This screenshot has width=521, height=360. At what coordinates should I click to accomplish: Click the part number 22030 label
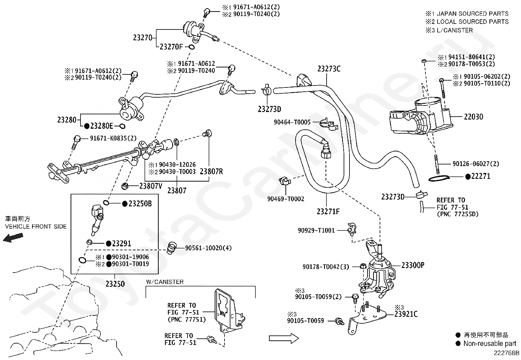(473, 117)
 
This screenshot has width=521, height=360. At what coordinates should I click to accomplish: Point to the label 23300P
(413, 265)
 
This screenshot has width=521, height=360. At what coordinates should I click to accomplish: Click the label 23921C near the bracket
(406, 314)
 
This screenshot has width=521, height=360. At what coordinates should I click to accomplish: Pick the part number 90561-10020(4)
(208, 248)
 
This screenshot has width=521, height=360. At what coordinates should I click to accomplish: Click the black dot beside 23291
(108, 244)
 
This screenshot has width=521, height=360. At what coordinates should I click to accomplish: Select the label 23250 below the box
(115, 284)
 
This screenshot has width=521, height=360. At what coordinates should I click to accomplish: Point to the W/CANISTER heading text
(165, 282)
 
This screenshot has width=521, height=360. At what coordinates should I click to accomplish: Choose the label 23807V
(151, 186)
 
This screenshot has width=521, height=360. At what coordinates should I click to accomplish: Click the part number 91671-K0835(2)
(113, 138)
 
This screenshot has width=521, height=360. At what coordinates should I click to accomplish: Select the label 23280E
(101, 126)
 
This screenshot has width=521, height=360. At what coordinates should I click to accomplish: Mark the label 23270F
(171, 47)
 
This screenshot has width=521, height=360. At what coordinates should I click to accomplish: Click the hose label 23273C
(329, 69)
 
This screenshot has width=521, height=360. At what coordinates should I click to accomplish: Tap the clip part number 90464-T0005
(292, 122)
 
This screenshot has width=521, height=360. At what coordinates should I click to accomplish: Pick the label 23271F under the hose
(328, 212)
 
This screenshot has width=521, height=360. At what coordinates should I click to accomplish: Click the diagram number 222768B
(507, 353)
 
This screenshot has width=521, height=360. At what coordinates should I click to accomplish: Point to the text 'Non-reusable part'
(490, 344)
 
